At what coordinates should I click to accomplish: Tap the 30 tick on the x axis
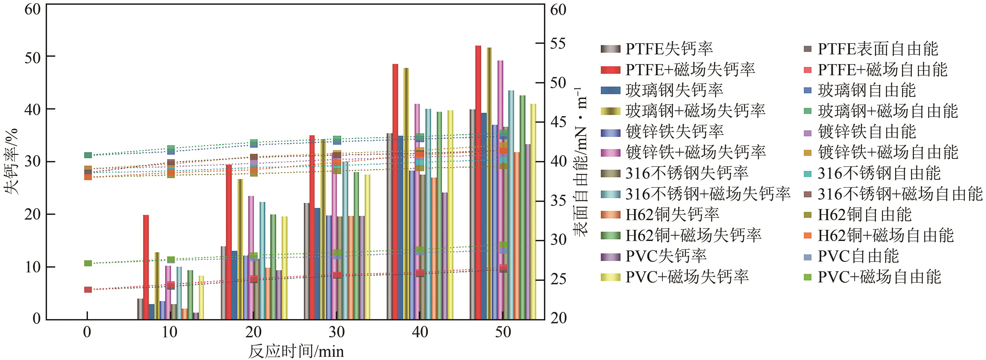[336, 332]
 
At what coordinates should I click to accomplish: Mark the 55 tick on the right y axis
[558, 44]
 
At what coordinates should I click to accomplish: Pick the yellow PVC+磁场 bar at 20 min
[284, 268]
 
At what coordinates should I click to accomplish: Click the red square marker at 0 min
[88, 290]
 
